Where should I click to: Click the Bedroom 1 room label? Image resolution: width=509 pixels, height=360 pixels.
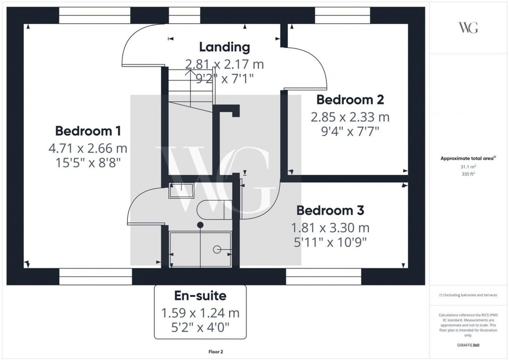coord(88,130)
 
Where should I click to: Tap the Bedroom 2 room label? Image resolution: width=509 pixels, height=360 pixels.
coord(351,99)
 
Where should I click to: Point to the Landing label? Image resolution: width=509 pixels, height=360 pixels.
coord(224,47)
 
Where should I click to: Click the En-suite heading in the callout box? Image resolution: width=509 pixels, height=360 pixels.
coord(199,296)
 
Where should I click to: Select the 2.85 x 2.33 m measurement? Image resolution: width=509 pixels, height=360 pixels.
coord(350,117)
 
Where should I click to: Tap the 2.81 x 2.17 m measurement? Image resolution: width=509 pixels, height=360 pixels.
coord(224,64)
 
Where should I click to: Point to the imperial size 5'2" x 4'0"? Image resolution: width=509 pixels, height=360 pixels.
coord(199,327)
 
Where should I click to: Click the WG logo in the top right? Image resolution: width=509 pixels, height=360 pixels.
coord(468,28)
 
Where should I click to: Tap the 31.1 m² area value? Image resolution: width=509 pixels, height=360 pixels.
coord(468,167)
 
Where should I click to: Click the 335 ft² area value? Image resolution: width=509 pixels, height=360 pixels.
coord(468,174)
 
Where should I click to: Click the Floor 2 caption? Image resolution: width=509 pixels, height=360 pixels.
coord(214,352)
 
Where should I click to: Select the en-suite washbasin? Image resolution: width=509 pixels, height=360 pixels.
coord(181,191)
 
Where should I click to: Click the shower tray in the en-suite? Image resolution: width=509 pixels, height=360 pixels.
coord(200,249)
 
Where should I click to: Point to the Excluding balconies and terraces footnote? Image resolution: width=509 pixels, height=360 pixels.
coord(468,295)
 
